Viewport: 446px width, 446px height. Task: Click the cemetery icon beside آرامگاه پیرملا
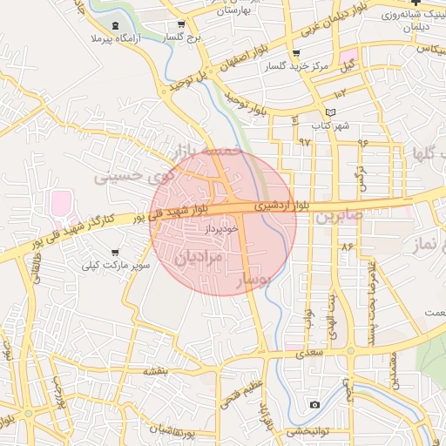pyautogui.click(x=116, y=25)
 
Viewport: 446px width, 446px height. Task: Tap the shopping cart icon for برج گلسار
pyautogui.click(x=180, y=25)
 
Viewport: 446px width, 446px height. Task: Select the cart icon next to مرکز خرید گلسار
pyautogui.click(x=296, y=53)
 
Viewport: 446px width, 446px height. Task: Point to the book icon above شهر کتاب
pyautogui.click(x=328, y=112)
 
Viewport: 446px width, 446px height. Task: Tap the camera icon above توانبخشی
pyautogui.click(x=314, y=404)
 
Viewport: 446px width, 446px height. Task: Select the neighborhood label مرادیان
pyautogui.click(x=199, y=257)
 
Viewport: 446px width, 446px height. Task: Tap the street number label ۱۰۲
pyautogui.click(x=339, y=91)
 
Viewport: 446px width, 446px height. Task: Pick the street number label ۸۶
pyautogui.click(x=348, y=247)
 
